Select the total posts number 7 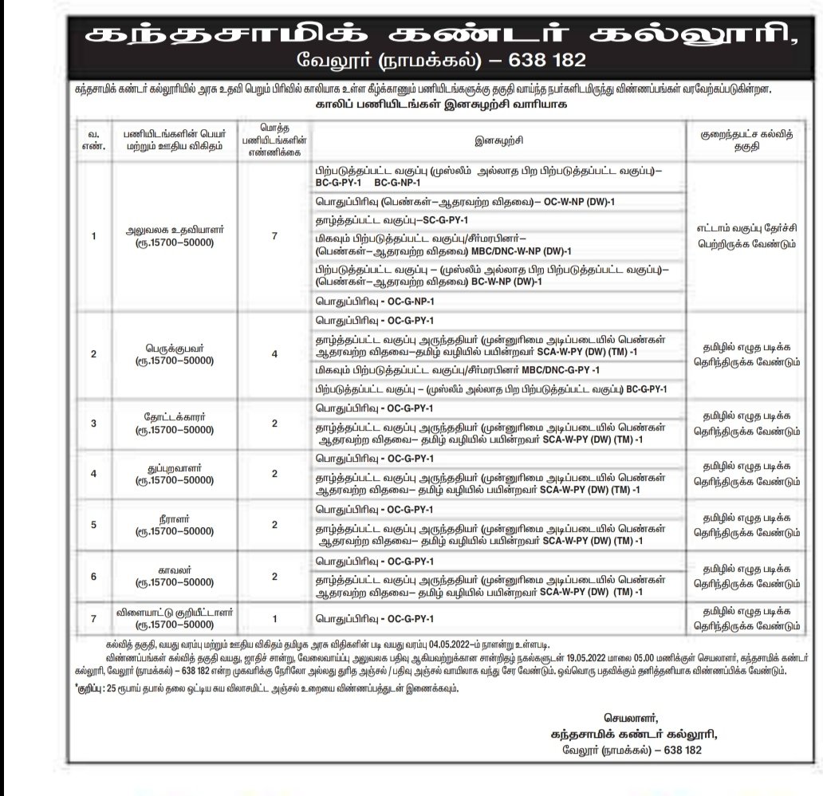274,237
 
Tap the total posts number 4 274,354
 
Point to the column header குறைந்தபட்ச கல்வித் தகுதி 744,142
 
